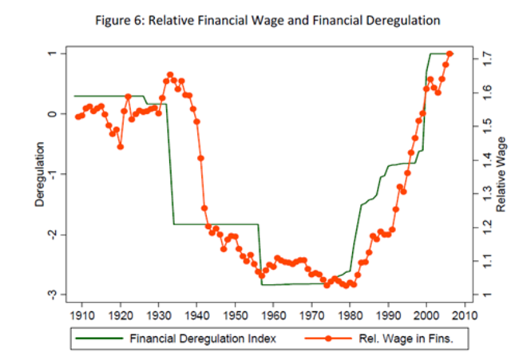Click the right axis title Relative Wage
(x=500, y=175)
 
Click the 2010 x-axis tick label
(x=464, y=314)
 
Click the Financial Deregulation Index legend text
(x=203, y=338)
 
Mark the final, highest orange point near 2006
(x=450, y=54)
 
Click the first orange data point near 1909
(x=77, y=117)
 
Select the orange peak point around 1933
(x=170, y=75)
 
